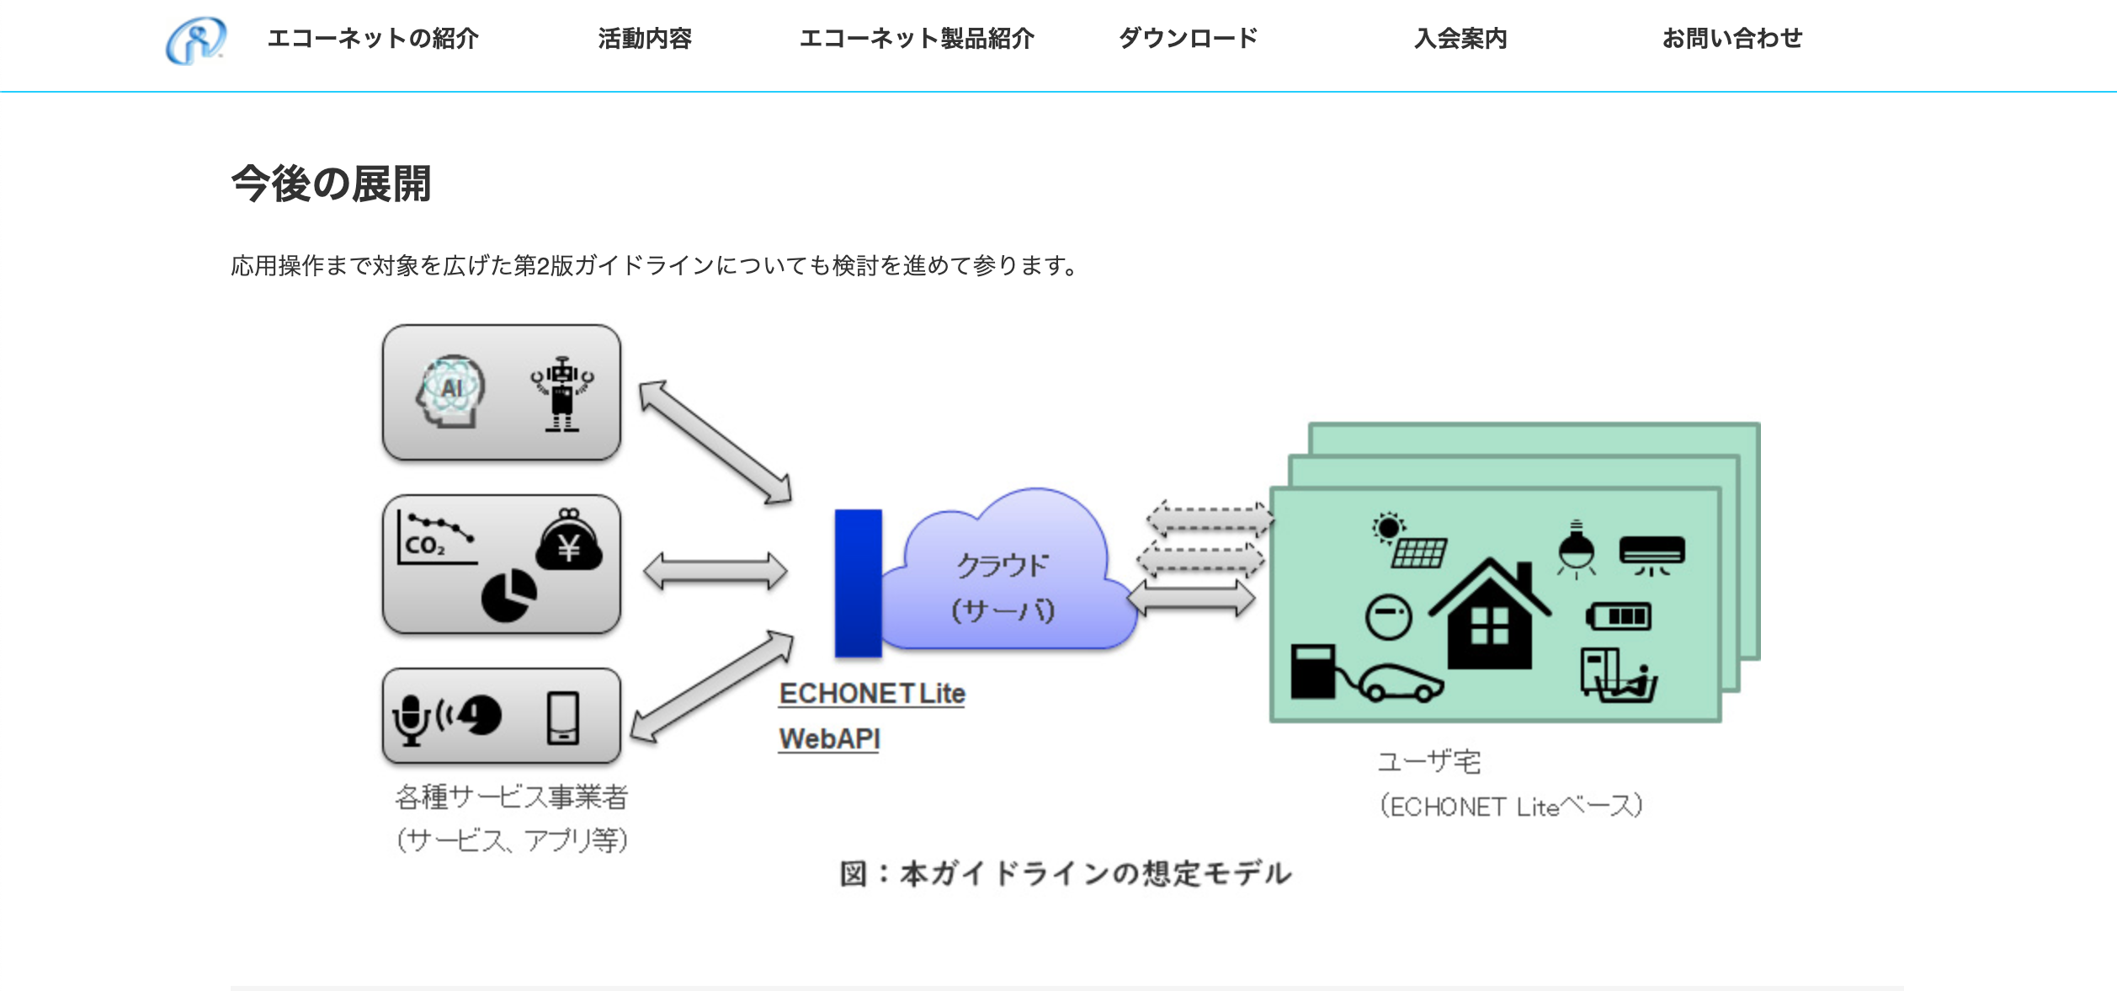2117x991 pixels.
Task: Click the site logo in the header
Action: coord(195,40)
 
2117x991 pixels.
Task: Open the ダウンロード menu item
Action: coord(1188,38)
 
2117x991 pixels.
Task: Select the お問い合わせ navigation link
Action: coord(1731,38)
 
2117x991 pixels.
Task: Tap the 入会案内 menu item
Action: coord(1460,38)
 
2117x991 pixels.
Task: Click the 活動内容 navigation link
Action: coord(645,38)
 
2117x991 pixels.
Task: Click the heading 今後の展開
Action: coord(331,184)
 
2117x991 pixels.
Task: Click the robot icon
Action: coord(561,394)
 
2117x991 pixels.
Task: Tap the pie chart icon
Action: coord(508,595)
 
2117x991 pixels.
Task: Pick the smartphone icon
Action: coord(563,718)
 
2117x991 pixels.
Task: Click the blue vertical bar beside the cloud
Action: coord(858,583)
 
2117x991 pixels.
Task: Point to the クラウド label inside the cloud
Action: coord(1003,565)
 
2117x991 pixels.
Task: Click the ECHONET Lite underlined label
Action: coord(872,694)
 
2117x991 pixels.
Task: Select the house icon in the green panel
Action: coord(1489,613)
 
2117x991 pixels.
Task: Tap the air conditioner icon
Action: coord(1652,556)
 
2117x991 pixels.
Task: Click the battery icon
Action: coord(1618,616)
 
